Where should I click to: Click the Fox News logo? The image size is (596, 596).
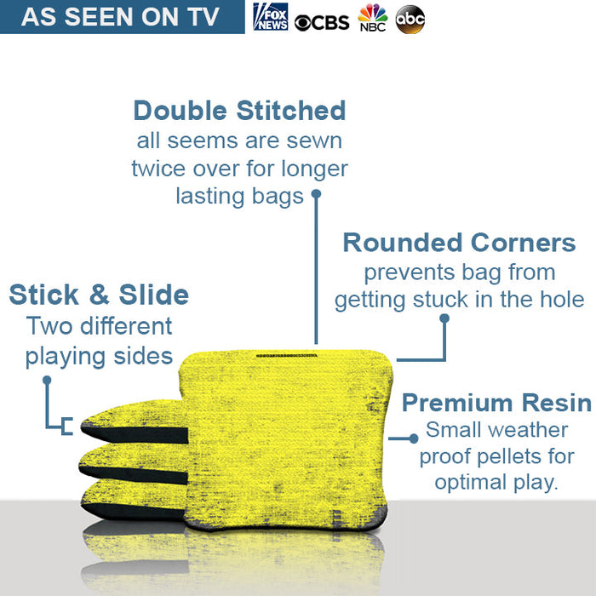point(271,17)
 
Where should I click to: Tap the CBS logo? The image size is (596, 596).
point(322,21)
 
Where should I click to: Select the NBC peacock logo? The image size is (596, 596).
point(372,18)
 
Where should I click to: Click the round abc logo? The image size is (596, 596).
point(410,19)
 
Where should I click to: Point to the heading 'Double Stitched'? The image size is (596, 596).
point(239,111)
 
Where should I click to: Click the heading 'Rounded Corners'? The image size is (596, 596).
point(459,243)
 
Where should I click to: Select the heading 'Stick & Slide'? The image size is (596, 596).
point(99,295)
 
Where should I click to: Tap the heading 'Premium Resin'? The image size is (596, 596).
point(496,403)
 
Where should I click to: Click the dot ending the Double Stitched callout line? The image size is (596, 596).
point(316,193)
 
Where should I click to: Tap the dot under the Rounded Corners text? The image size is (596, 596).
point(444,318)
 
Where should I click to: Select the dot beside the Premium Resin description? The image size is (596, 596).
point(414,438)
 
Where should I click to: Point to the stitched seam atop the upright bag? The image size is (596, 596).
point(286,354)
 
